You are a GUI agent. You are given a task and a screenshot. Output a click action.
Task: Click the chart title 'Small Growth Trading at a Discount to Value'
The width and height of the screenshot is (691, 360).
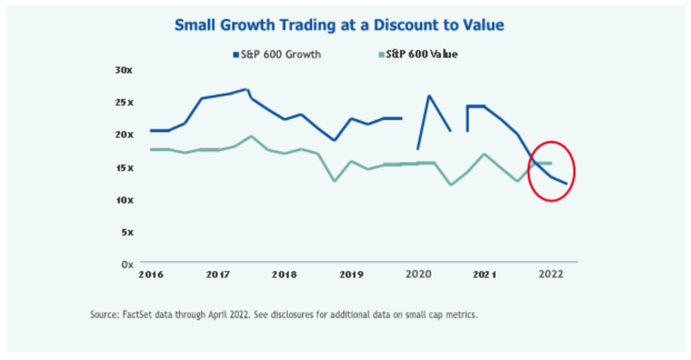click(x=339, y=26)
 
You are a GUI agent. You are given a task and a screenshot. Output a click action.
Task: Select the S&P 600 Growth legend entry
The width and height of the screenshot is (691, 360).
click(x=277, y=54)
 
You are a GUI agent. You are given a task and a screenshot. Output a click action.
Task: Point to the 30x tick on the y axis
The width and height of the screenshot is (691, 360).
click(x=124, y=70)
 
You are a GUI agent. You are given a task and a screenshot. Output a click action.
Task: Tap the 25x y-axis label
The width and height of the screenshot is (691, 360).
click(x=124, y=102)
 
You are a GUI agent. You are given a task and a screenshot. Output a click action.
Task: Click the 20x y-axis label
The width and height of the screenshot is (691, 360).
click(x=124, y=134)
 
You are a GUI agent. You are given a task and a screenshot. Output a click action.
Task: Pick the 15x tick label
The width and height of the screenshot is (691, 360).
click(x=124, y=167)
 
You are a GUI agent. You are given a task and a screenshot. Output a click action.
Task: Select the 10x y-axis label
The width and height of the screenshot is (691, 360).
click(x=124, y=199)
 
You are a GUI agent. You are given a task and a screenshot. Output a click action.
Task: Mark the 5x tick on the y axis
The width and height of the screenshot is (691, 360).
click(x=126, y=232)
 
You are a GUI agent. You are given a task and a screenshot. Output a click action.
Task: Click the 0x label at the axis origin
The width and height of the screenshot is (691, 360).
click(x=126, y=264)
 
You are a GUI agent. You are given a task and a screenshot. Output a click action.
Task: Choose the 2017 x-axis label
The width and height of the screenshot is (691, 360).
click(x=218, y=274)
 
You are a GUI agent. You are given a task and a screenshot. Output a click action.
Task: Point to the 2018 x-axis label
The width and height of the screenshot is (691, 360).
click(x=284, y=274)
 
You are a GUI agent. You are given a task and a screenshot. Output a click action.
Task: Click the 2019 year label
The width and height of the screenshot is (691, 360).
click(x=351, y=274)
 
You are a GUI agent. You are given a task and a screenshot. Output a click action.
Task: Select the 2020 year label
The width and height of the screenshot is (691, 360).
click(x=418, y=274)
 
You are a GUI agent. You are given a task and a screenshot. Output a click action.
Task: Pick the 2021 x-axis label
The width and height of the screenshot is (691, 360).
click(x=484, y=274)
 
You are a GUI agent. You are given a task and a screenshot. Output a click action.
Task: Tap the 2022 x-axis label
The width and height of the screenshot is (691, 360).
click(x=551, y=274)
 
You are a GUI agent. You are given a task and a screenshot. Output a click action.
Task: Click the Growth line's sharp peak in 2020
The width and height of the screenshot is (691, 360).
click(x=429, y=96)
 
